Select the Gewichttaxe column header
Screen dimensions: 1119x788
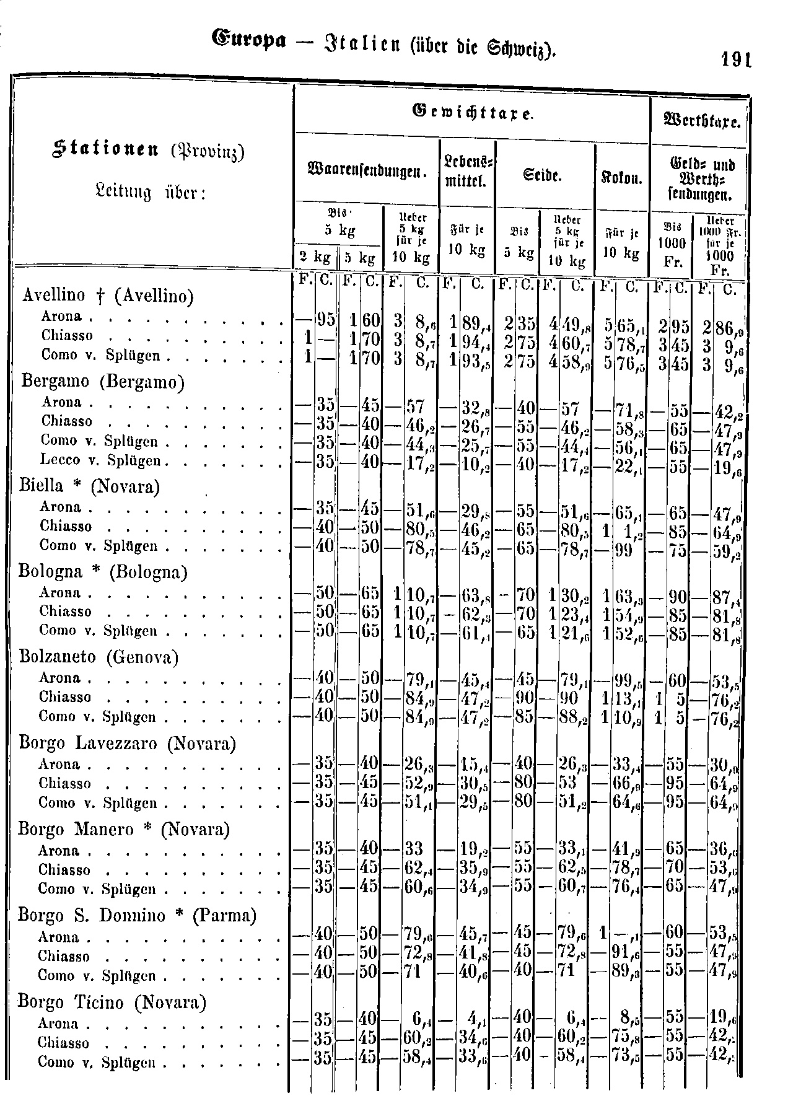tap(472, 112)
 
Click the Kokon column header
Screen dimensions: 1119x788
tap(622, 179)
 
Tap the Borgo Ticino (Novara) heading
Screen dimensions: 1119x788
tap(112, 1001)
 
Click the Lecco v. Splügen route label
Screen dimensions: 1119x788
tap(100, 460)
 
